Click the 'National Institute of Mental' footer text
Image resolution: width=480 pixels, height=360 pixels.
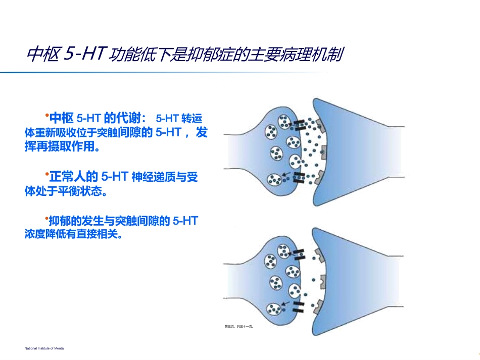(45, 348)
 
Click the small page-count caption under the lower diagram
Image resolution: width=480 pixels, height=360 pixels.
(238, 326)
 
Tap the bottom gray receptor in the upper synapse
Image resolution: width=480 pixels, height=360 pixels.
(318, 178)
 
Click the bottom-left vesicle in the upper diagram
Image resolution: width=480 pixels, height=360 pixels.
(273, 179)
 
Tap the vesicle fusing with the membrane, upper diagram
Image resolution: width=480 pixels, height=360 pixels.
(295, 161)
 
